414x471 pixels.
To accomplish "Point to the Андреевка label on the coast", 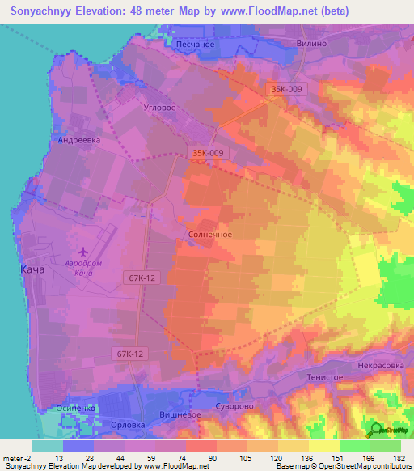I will pyautogui.click(x=78, y=139).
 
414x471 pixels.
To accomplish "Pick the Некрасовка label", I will pyautogui.click(x=382, y=365).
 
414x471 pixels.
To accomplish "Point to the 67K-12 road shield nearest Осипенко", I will pyautogui.click(x=130, y=354).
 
